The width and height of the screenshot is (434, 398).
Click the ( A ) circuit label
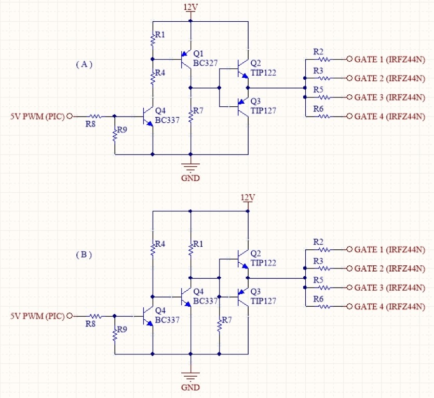[x=84, y=64]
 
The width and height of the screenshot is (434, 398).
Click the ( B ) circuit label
[x=84, y=254]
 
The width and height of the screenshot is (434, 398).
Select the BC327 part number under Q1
[x=205, y=63]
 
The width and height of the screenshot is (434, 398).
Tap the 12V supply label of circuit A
[x=191, y=7]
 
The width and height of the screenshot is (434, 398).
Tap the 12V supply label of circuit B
[x=248, y=197]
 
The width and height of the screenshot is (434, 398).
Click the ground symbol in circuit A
[x=191, y=167]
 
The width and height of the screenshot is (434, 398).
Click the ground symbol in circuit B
[x=191, y=377]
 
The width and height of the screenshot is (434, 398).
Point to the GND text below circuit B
[x=191, y=387]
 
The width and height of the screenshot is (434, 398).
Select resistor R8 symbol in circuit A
[x=96, y=117]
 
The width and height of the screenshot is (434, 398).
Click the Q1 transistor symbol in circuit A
[x=186, y=59]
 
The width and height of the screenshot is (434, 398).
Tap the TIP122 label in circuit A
[x=263, y=73]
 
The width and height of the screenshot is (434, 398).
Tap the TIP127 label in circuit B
[x=263, y=301]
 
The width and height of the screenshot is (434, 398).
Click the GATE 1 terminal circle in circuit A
[x=349, y=59]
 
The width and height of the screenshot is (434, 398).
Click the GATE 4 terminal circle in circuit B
[x=349, y=306]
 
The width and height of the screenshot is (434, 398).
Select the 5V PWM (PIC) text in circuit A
[x=37, y=117]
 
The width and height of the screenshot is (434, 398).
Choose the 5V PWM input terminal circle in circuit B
[x=70, y=316]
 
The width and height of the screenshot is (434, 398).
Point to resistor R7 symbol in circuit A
[x=191, y=116]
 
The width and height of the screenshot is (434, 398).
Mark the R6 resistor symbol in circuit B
[x=324, y=306]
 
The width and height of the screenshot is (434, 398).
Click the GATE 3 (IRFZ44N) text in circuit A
[x=389, y=97]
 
